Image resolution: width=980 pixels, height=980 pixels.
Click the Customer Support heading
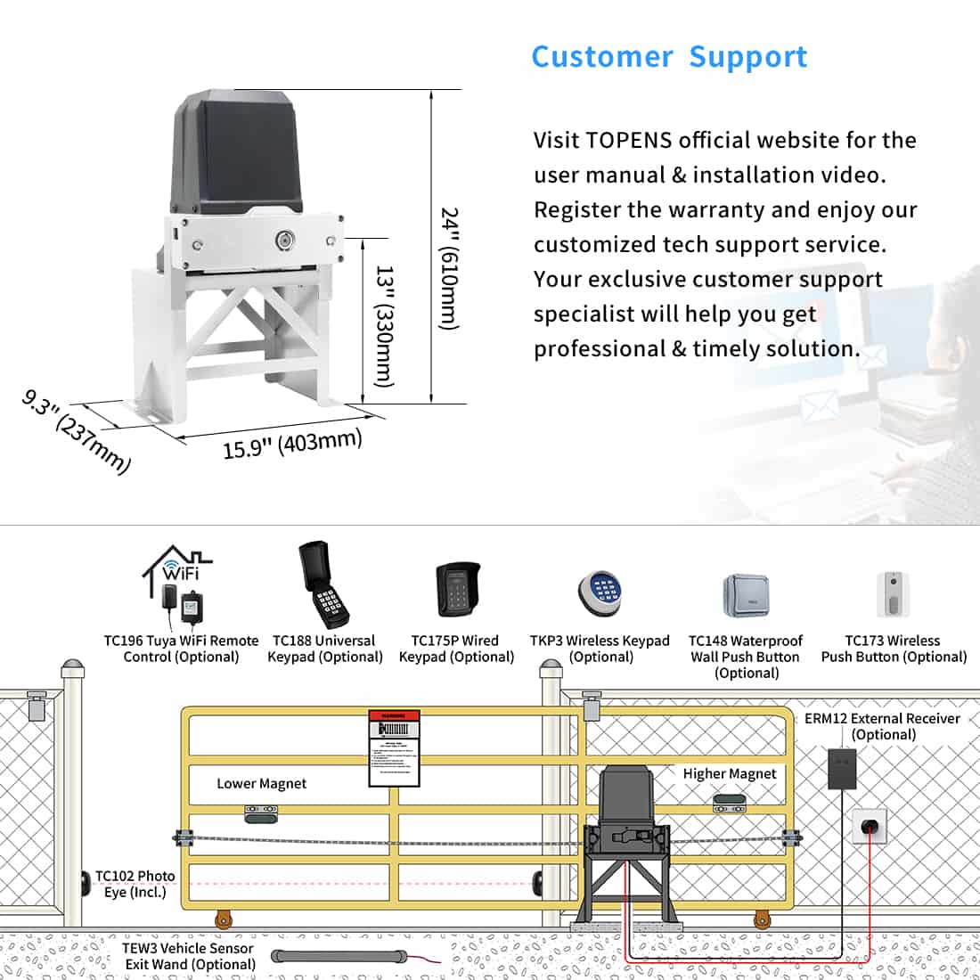point(669,57)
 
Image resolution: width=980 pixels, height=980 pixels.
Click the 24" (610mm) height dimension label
point(451,268)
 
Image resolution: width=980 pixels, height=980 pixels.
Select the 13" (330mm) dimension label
point(384,324)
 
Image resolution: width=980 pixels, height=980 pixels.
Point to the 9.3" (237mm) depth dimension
point(77,431)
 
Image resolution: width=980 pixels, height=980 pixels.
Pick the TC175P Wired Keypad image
point(458,590)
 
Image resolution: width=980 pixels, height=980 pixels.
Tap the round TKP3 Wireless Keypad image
point(600,593)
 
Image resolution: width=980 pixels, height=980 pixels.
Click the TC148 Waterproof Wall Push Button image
point(746,596)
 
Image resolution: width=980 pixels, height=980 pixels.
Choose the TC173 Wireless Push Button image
point(892,594)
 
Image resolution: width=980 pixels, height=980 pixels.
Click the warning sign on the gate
point(394,748)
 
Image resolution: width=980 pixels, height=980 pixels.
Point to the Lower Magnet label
point(261,784)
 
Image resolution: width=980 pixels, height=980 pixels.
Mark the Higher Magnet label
point(730,774)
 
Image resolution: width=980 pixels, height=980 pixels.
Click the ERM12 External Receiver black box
point(842,768)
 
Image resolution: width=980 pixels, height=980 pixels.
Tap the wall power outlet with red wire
point(870,827)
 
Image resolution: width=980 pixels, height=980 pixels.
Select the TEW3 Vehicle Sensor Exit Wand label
point(189,956)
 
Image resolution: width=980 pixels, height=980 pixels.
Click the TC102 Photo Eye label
point(135,884)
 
